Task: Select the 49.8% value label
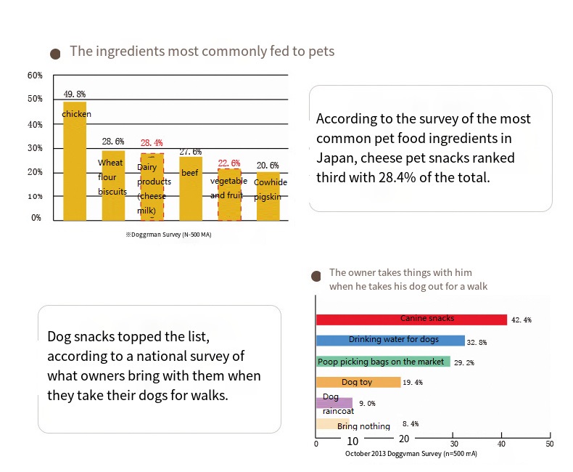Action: [x=75, y=94]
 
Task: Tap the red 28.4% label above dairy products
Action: [x=152, y=143]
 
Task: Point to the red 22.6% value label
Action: [x=229, y=163]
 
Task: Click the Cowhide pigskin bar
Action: [x=268, y=196]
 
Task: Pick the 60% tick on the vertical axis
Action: [x=35, y=76]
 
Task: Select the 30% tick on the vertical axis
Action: [x=35, y=148]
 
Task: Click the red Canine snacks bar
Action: [x=411, y=320]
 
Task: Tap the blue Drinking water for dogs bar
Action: [x=390, y=341]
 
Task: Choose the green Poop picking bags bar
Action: [x=383, y=362]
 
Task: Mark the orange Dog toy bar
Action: [x=358, y=382]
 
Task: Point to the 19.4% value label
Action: [x=413, y=383]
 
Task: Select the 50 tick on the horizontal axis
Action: [x=549, y=444]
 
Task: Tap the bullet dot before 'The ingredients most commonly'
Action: [x=54, y=54]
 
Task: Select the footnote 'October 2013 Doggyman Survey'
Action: [x=411, y=454]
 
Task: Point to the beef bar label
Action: [x=190, y=174]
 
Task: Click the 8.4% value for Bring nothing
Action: [x=411, y=423]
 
